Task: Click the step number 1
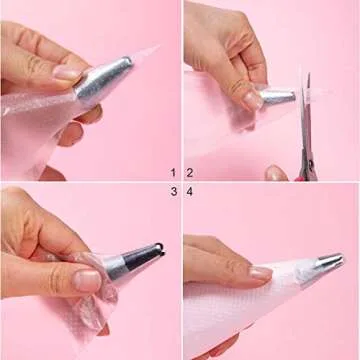(x=173, y=173)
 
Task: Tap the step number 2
(x=190, y=173)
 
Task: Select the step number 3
(x=174, y=191)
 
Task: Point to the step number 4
(x=190, y=192)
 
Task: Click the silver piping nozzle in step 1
(x=103, y=78)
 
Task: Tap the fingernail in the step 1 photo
(x=68, y=73)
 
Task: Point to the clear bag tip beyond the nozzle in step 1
(x=145, y=55)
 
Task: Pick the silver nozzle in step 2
(x=277, y=97)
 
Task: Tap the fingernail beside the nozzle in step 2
(x=252, y=100)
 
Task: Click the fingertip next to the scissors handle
(x=276, y=173)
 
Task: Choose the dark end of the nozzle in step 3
(x=145, y=257)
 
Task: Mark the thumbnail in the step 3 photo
(x=87, y=281)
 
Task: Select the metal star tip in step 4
(x=328, y=262)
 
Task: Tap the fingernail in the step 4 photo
(x=260, y=273)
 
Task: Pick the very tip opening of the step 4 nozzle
(x=341, y=258)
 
